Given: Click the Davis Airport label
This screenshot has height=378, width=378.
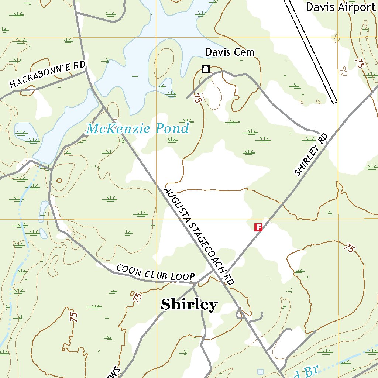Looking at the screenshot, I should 340,7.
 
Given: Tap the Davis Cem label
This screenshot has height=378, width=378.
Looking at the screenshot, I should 230,52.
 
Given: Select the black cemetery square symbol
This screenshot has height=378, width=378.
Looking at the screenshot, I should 206,69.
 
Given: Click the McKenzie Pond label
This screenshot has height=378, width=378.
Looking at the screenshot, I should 137,129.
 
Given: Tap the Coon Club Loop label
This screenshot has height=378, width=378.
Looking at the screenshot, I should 155,272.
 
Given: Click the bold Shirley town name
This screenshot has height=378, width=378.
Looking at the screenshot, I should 189,305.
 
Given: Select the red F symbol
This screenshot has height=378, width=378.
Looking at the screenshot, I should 258,227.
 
